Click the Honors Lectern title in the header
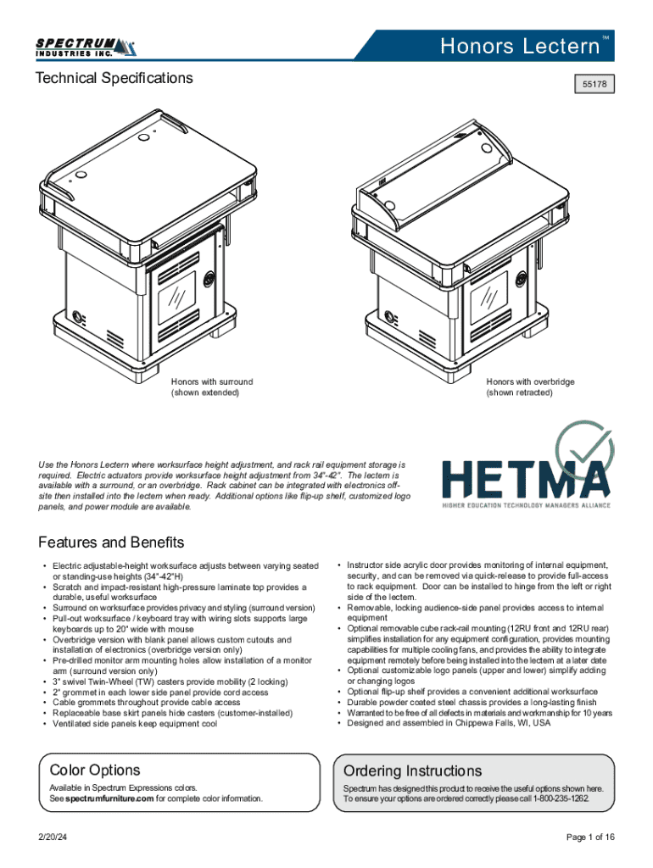pyautogui.click(x=520, y=47)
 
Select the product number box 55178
pyautogui.click(x=593, y=85)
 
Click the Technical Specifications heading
pyautogui.click(x=114, y=79)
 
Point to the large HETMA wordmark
pyautogui.click(x=524, y=480)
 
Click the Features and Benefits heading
pyautogui.click(x=111, y=542)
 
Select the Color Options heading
pyautogui.click(x=95, y=770)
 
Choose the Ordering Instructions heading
pyautogui.click(x=412, y=771)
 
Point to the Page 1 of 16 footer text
pyautogui.click(x=589, y=837)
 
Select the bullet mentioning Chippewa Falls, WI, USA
pyautogui.click(x=449, y=724)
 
